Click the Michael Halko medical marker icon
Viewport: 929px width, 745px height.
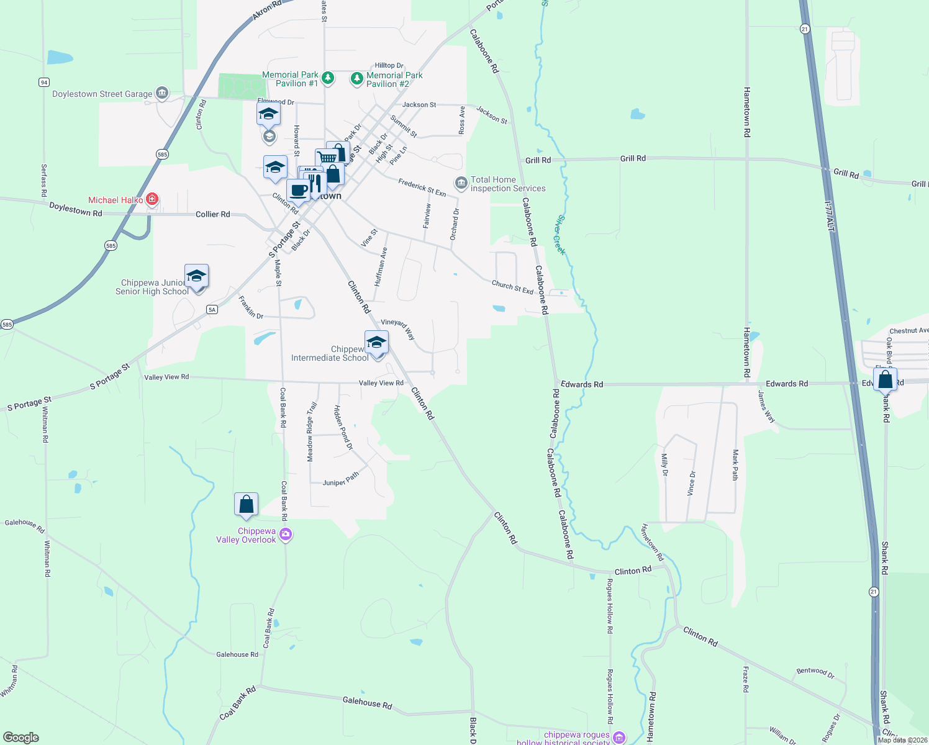coord(152,200)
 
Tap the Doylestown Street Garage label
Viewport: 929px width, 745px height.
coord(102,94)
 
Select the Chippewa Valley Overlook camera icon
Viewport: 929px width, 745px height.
coord(286,534)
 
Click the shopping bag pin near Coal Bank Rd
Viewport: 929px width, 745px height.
coord(246,504)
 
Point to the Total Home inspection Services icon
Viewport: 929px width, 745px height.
coord(461,183)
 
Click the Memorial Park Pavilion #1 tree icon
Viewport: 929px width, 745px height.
coord(328,78)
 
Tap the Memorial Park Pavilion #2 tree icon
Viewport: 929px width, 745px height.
coord(356,78)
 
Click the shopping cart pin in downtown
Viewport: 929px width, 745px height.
coord(326,158)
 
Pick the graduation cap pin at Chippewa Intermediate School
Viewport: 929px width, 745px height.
coord(376,341)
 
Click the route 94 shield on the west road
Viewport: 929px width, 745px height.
coord(43,82)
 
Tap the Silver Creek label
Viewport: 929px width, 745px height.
coord(560,235)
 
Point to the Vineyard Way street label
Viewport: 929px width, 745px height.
coord(398,328)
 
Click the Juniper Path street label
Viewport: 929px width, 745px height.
coord(341,479)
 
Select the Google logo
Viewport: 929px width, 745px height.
coord(21,738)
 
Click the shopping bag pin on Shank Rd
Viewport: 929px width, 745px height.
coord(885,379)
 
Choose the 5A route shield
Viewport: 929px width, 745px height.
coord(212,309)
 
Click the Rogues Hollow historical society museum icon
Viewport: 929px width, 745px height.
coord(619,737)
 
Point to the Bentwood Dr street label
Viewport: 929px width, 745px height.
coord(815,672)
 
